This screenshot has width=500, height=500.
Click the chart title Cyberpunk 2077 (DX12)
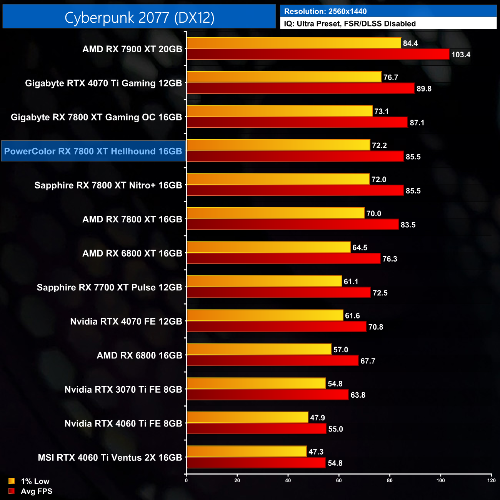point(139,17)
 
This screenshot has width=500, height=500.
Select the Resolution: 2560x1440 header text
point(325,11)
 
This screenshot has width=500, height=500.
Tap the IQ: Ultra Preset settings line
point(350,23)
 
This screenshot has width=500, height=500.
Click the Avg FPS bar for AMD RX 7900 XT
point(318,54)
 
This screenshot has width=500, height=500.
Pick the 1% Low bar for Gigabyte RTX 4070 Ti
point(284,77)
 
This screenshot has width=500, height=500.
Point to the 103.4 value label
point(460,55)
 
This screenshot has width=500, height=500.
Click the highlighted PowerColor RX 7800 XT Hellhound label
point(93,151)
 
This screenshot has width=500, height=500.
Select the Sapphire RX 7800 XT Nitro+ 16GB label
point(108,185)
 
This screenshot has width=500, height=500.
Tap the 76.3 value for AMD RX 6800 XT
point(390,259)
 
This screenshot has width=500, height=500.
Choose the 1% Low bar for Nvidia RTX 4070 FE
point(265,315)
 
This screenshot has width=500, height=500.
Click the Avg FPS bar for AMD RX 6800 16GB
point(272,361)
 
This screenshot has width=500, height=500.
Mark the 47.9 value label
point(317,418)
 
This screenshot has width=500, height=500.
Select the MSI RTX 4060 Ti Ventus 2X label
point(110,458)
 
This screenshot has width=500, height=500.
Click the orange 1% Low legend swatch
point(12,481)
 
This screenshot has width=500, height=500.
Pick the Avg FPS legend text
point(37,491)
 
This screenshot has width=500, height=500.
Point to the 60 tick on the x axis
point(339,480)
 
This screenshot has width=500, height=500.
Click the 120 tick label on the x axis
point(491,480)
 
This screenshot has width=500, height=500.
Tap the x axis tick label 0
point(187,480)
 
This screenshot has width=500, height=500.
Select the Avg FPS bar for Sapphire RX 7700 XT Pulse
point(278,293)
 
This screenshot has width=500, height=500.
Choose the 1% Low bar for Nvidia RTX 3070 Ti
point(256,383)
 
